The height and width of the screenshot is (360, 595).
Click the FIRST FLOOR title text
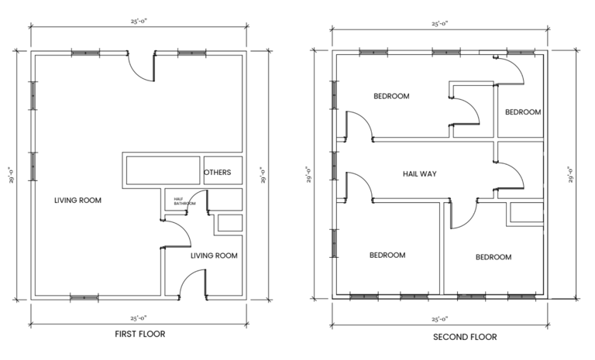pyautogui.click(x=139, y=334)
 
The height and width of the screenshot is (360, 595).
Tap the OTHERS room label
pyautogui.click(x=217, y=172)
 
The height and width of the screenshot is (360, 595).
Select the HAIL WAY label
pyautogui.click(x=419, y=173)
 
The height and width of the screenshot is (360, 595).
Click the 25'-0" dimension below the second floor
pyautogui.click(x=440, y=318)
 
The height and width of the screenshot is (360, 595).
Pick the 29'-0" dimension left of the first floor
pyautogui.click(x=11, y=175)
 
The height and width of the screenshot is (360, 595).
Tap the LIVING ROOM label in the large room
pyautogui.click(x=77, y=201)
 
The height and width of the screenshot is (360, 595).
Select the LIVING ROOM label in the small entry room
pyautogui.click(x=214, y=255)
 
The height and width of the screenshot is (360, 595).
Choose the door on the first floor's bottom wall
pyautogui.click(x=192, y=285)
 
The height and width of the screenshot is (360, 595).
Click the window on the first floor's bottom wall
pyautogui.click(x=84, y=297)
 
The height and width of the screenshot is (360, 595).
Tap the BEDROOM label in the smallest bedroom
pyautogui.click(x=523, y=111)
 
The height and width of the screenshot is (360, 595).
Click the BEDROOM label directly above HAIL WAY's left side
pyautogui.click(x=391, y=97)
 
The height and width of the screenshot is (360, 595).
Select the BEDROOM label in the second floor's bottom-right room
pyautogui.click(x=493, y=257)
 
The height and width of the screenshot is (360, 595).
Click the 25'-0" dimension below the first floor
pyautogui.click(x=139, y=316)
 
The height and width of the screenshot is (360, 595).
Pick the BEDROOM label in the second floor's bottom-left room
pyautogui.click(x=387, y=255)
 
